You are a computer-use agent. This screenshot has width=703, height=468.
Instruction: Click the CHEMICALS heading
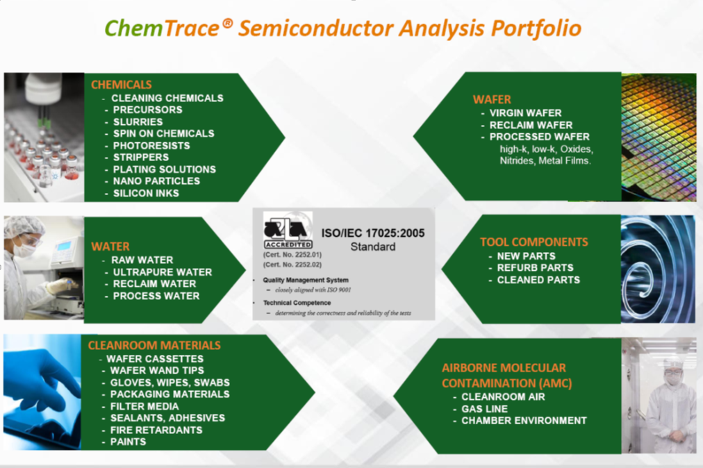coord(121,85)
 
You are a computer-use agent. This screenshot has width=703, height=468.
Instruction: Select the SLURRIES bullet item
coord(138,122)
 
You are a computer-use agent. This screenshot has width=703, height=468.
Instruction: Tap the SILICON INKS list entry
coord(146,193)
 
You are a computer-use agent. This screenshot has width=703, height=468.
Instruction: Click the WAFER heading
coord(492,99)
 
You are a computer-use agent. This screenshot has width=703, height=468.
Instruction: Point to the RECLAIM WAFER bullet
coord(531,125)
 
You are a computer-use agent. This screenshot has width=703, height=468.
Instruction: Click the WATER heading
coord(110,246)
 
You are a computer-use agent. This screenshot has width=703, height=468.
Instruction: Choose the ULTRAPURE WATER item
coord(163,272)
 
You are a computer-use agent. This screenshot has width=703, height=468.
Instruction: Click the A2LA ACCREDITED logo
coord(288,231)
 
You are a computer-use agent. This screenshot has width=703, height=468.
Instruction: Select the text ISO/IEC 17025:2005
coord(373,233)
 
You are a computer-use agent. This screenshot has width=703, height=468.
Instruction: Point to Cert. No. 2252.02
coord(292,265)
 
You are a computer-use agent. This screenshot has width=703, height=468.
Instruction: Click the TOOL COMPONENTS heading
coord(534,242)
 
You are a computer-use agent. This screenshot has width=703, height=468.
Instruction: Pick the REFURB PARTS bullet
coord(536,267)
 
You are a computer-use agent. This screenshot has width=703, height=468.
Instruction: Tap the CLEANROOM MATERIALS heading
coord(154,346)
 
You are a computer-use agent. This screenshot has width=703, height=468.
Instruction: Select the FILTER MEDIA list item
coord(144,407)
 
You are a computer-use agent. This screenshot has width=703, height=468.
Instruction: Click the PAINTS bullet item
coord(129,442)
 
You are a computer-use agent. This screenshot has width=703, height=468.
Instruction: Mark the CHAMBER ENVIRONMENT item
coord(524,421)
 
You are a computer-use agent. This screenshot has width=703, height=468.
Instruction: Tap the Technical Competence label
coord(297,303)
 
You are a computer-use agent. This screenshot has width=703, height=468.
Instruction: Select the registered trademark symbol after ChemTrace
coord(228,23)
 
